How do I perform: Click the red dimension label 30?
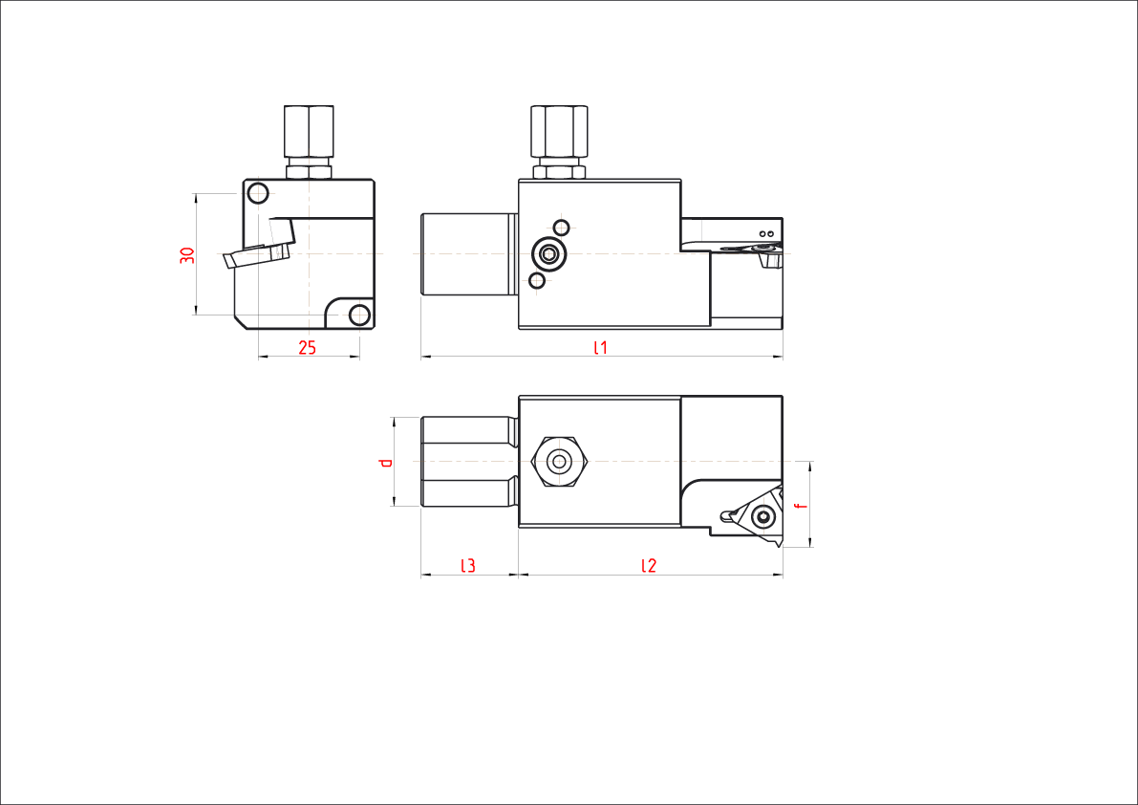point(187,255)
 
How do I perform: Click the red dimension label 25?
point(307,348)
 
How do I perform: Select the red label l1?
point(600,348)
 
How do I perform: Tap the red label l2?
point(649,566)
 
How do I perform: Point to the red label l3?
point(468,566)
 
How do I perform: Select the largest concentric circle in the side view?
point(548,253)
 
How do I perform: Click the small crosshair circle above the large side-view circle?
point(562,227)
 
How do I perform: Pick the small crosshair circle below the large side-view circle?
point(537,280)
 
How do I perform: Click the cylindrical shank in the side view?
point(467,254)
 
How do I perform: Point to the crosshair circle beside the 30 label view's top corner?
point(258,193)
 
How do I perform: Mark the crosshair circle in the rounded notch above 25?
point(359,313)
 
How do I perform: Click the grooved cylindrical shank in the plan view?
point(467,463)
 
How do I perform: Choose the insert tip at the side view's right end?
point(767,251)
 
